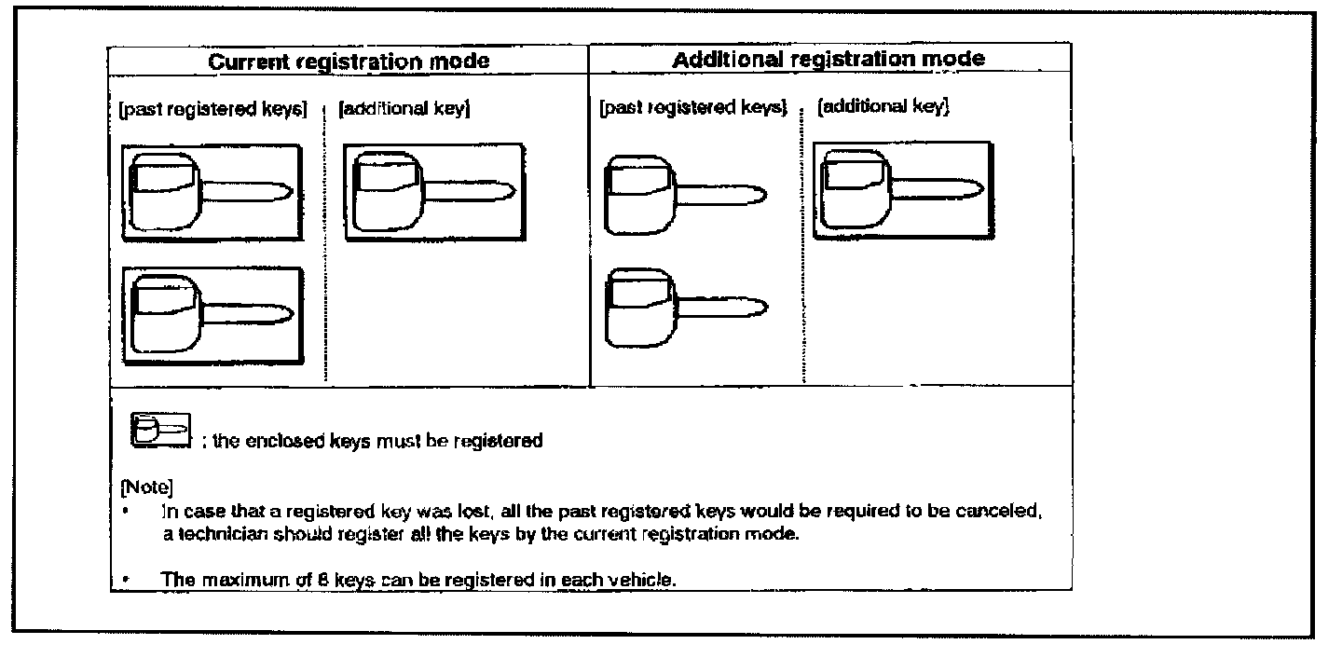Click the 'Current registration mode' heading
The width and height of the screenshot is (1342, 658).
tap(349, 62)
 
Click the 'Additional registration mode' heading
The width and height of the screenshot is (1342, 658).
tap(828, 59)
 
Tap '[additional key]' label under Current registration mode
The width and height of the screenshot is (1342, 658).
tap(403, 110)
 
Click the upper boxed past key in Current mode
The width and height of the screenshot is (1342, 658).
tap(212, 193)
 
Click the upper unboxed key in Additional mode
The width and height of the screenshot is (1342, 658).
tap(685, 196)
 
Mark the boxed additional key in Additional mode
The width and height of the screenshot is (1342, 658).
tap(901, 190)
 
